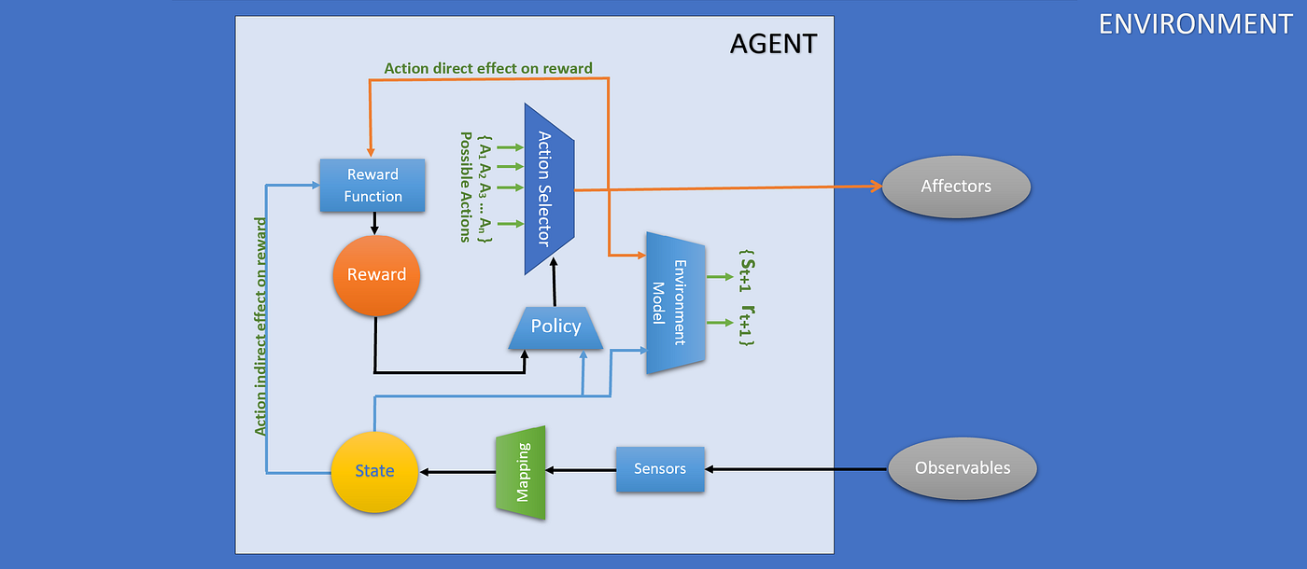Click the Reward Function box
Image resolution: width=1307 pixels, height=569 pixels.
pyautogui.click(x=372, y=185)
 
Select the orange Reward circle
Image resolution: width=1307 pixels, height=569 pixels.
pyautogui.click(x=376, y=274)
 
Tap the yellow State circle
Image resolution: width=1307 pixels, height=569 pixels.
pyautogui.click(x=374, y=471)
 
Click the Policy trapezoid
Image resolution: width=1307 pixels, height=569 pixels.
pyautogui.click(x=556, y=327)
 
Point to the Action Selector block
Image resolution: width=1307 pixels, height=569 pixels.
pyautogui.click(x=548, y=189)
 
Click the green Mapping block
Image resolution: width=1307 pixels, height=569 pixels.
pyautogui.click(x=520, y=473)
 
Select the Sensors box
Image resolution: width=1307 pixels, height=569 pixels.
pyautogui.click(x=660, y=469)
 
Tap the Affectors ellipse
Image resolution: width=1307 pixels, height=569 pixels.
pyautogui.click(x=956, y=187)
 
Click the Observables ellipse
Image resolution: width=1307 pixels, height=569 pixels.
pyautogui.click(x=963, y=468)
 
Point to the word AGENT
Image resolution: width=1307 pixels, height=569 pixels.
pyautogui.click(x=772, y=44)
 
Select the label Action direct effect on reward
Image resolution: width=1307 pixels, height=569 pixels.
pyautogui.click(x=488, y=68)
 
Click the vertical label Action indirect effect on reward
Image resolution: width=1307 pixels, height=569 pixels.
pyautogui.click(x=261, y=326)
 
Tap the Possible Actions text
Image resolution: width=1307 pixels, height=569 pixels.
pyautogui.click(x=464, y=187)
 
